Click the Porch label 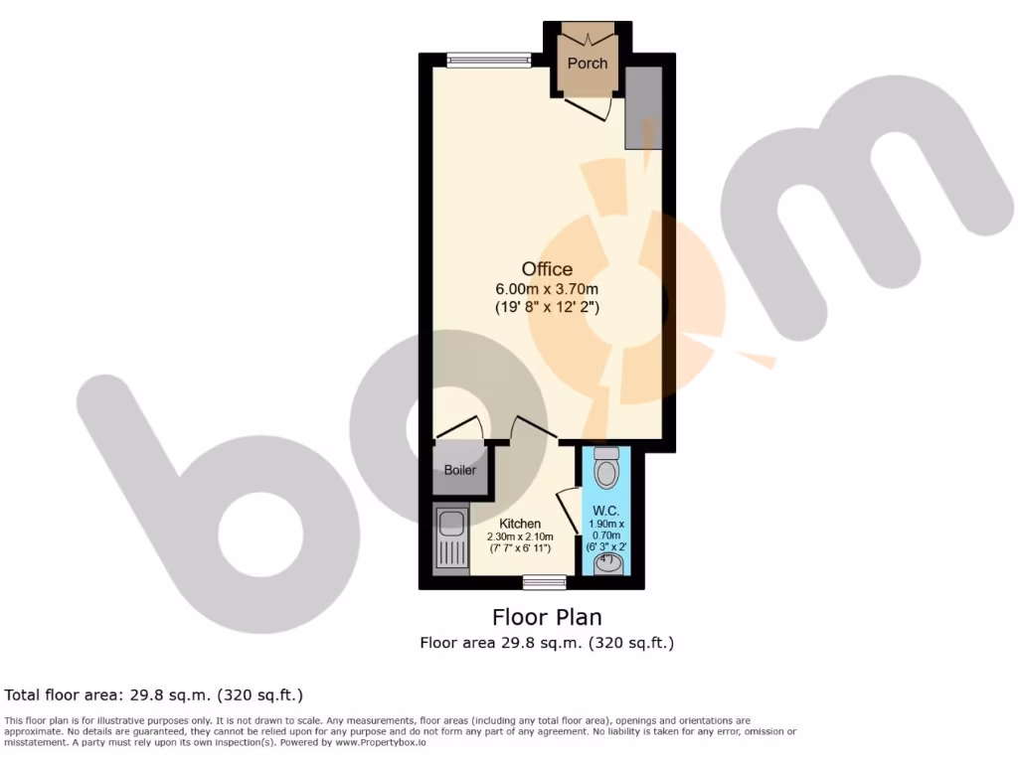pyautogui.click(x=588, y=64)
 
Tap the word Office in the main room pyautogui.click(x=547, y=268)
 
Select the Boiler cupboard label pyautogui.click(x=459, y=470)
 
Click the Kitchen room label pyautogui.click(x=520, y=524)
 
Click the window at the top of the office pyautogui.click(x=488, y=61)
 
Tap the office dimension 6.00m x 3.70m pyautogui.click(x=547, y=289)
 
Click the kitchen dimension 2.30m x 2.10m pyautogui.click(x=519, y=536)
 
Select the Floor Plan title pyautogui.click(x=547, y=618)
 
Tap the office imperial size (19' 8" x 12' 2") pyautogui.click(x=547, y=308)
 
